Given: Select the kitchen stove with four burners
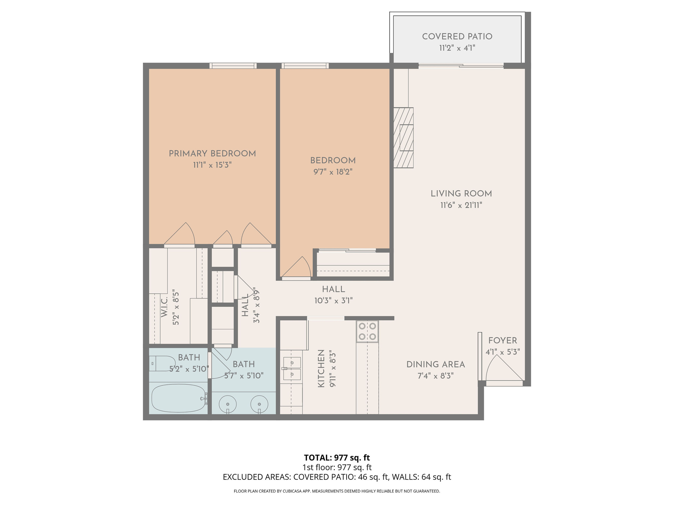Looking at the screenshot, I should pyautogui.click(x=367, y=331).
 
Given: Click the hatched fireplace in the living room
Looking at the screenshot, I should pyautogui.click(x=403, y=138).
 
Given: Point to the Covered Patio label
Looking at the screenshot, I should pyautogui.click(x=457, y=36).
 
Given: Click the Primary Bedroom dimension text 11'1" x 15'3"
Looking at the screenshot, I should pyautogui.click(x=212, y=165).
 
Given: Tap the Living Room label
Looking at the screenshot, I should pyautogui.click(x=461, y=194).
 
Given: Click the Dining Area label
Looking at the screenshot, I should pyautogui.click(x=435, y=365).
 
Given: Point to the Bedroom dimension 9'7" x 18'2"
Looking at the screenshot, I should pyautogui.click(x=333, y=172).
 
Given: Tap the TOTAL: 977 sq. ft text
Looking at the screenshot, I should pyautogui.click(x=337, y=458).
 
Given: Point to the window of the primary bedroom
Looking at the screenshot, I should pyautogui.click(x=233, y=66).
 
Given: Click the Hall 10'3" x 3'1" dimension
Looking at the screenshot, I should pyautogui.click(x=333, y=301).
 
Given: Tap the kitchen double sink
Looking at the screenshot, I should pyautogui.click(x=292, y=368).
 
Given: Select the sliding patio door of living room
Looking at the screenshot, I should pyautogui.click(x=461, y=66).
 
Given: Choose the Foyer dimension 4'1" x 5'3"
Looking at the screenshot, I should pyautogui.click(x=503, y=352).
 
